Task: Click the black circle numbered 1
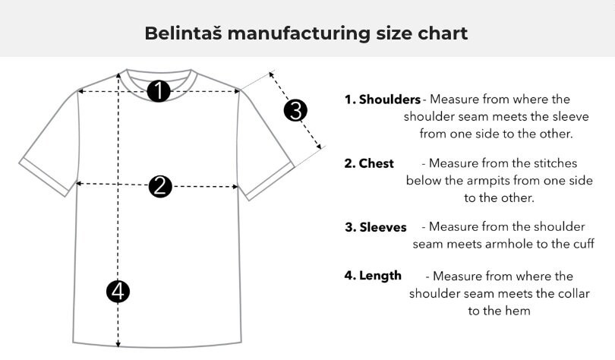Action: [159, 91]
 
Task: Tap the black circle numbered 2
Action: [160, 186]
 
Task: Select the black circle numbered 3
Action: [295, 110]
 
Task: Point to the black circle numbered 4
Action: [118, 292]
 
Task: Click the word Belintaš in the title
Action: [184, 33]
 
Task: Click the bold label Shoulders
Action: [389, 99]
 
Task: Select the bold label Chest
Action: [376, 163]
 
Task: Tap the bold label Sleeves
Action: [383, 227]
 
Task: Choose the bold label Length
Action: [380, 276]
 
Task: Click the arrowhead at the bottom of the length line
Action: [118, 345]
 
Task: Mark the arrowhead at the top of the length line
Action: [118, 74]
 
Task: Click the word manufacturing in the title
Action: [299, 34]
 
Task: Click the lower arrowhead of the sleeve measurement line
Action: [319, 147]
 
